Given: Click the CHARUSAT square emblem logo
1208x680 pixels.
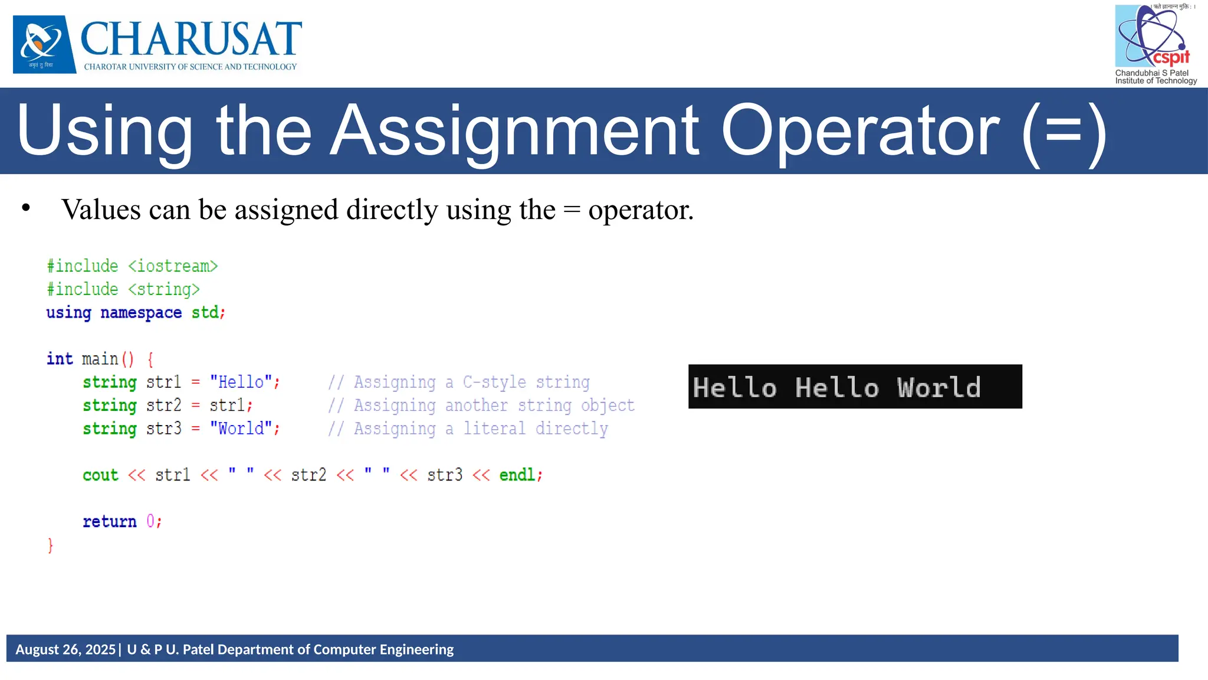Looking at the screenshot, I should coord(44,44).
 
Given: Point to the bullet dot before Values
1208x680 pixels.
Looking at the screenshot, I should coord(25,208).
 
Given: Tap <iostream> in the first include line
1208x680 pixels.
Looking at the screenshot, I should coord(173,266).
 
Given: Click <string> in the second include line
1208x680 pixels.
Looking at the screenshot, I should coord(164,289).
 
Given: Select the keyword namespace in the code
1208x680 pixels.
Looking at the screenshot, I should coord(141,312).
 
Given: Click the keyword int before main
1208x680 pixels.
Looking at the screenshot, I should coord(60,359).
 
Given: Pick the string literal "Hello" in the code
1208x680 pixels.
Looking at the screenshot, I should coord(241,382).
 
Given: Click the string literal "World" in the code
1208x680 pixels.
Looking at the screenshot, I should coord(241,429).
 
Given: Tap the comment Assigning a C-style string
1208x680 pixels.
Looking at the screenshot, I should coord(459,382).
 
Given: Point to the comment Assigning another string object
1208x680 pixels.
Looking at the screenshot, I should coord(481,406).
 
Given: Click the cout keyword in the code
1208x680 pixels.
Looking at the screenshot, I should coord(100,475).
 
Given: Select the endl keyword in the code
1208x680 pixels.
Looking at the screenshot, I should coord(517,475).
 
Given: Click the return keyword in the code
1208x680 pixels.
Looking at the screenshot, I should coord(109,522).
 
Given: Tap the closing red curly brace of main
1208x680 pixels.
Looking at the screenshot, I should coord(51,545).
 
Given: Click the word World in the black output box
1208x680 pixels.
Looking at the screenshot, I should coord(939,388).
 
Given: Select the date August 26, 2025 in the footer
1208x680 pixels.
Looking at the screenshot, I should coord(65,649).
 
